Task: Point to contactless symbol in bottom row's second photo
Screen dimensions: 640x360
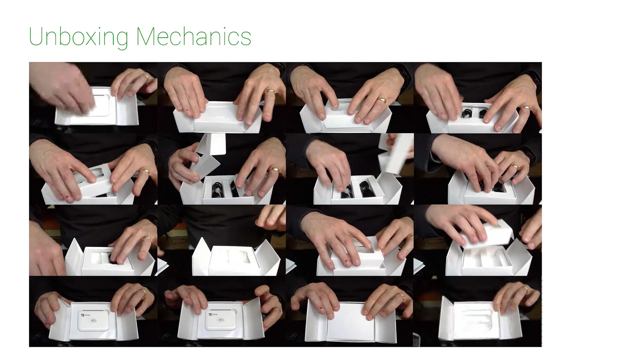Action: click(220, 321)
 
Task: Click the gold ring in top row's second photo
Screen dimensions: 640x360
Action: click(270, 91)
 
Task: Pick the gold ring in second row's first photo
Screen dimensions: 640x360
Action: click(145, 171)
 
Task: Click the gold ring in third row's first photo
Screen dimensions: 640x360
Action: click(147, 238)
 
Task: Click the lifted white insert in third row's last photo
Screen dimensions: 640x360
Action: click(487, 235)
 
